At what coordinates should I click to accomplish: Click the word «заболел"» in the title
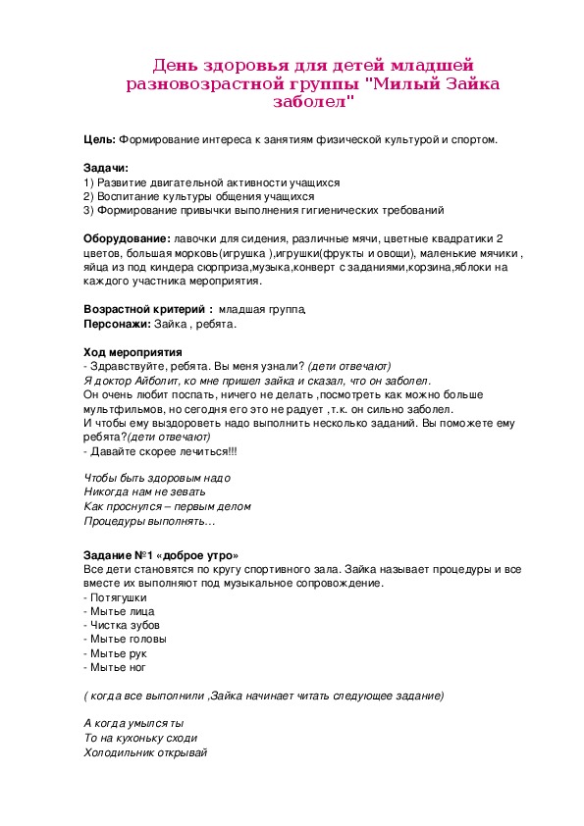(x=313, y=101)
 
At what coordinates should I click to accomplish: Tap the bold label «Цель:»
(x=100, y=139)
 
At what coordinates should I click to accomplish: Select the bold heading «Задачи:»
(x=106, y=168)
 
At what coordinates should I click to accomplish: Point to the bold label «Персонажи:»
(x=117, y=323)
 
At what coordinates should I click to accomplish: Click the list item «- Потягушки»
(x=116, y=597)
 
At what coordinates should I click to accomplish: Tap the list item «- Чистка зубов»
(x=122, y=625)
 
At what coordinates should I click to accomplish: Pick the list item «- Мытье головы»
(x=125, y=639)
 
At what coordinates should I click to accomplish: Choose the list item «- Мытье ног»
(x=115, y=667)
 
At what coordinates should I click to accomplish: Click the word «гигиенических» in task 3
(x=346, y=210)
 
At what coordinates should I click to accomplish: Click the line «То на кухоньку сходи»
(x=140, y=738)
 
